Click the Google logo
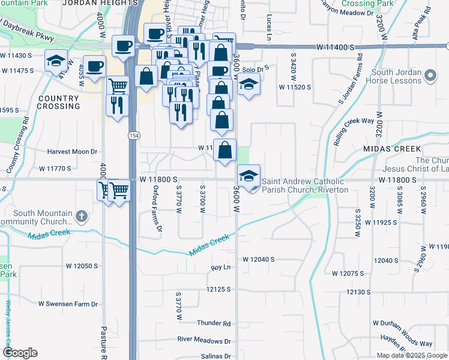(20, 353)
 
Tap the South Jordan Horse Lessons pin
(429, 76)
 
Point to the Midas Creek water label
(210, 246)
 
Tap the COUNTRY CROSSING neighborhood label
(58, 102)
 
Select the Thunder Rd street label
(214, 323)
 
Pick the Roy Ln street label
(221, 268)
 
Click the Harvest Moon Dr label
(72, 152)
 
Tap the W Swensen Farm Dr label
(68, 304)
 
